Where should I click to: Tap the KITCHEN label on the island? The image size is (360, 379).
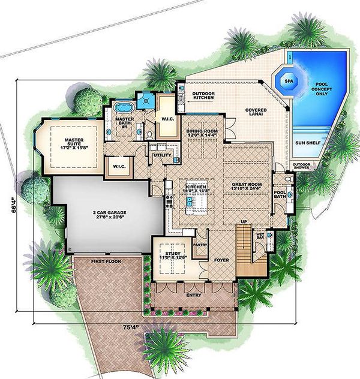tap(196, 188)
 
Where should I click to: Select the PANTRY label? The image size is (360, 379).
tap(201, 244)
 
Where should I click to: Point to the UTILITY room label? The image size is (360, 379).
tap(162, 156)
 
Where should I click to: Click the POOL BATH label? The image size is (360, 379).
tap(280, 193)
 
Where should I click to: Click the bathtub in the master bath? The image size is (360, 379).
tap(123, 109)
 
